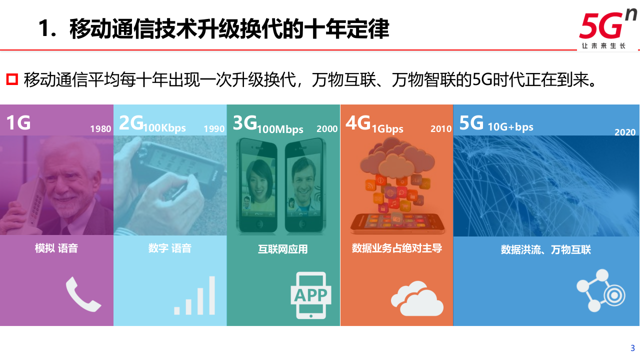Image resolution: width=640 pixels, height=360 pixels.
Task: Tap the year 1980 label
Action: point(100,129)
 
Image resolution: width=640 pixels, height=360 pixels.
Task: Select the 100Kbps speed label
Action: point(164,128)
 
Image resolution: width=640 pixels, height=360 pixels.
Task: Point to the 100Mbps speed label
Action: point(280,129)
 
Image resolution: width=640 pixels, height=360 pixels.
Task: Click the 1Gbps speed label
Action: point(387,129)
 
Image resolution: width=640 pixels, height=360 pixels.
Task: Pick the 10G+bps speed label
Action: point(510,127)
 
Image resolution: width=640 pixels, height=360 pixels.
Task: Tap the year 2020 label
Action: point(625,132)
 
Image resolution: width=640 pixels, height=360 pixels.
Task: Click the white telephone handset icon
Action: point(83,294)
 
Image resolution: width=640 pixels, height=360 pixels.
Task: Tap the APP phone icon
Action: point(310,295)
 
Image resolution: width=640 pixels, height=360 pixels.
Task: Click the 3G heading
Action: point(245,122)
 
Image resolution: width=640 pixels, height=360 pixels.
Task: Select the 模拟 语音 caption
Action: point(56,248)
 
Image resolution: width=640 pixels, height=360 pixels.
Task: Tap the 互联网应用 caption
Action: point(283,249)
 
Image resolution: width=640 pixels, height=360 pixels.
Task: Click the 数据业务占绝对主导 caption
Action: point(397,248)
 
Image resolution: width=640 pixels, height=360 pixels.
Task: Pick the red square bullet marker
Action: point(12,79)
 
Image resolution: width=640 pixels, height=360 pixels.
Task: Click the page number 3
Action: point(632,348)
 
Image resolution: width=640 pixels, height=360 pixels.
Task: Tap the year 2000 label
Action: point(327,129)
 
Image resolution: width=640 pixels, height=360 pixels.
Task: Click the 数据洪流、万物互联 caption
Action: point(546,249)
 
